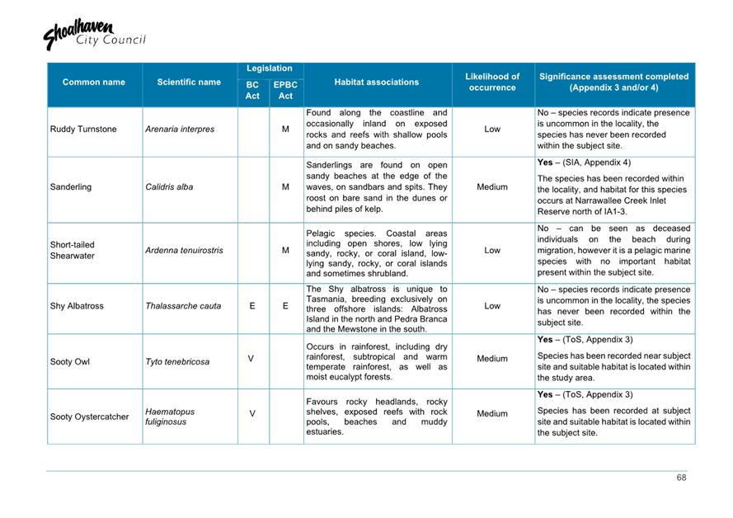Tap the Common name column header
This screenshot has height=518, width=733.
coord(94,82)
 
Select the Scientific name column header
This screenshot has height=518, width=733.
coord(189,82)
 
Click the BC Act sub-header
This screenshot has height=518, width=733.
coord(252,91)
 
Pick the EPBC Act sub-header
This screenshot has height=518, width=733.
coord(285,91)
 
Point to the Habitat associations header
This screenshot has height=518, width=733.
coord(376,82)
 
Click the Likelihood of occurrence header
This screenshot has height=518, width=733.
coord(492,82)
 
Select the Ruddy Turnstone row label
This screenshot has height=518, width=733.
coord(83,129)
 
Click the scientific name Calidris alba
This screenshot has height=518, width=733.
coord(169,187)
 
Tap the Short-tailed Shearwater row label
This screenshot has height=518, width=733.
coord(73,250)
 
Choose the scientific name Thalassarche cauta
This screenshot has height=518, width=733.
coord(183,306)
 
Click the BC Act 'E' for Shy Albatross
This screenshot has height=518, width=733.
coord(252,306)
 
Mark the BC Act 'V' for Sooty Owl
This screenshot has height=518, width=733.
coord(252,360)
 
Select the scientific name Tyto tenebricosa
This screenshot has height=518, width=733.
coord(177,361)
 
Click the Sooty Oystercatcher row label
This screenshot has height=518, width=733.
coord(89,417)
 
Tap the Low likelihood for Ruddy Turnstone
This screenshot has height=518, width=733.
coord(492,129)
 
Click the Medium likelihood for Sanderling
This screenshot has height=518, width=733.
coord(492,187)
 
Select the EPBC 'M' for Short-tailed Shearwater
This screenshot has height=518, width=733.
coord(285,250)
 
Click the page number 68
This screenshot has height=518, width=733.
coord(681,478)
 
